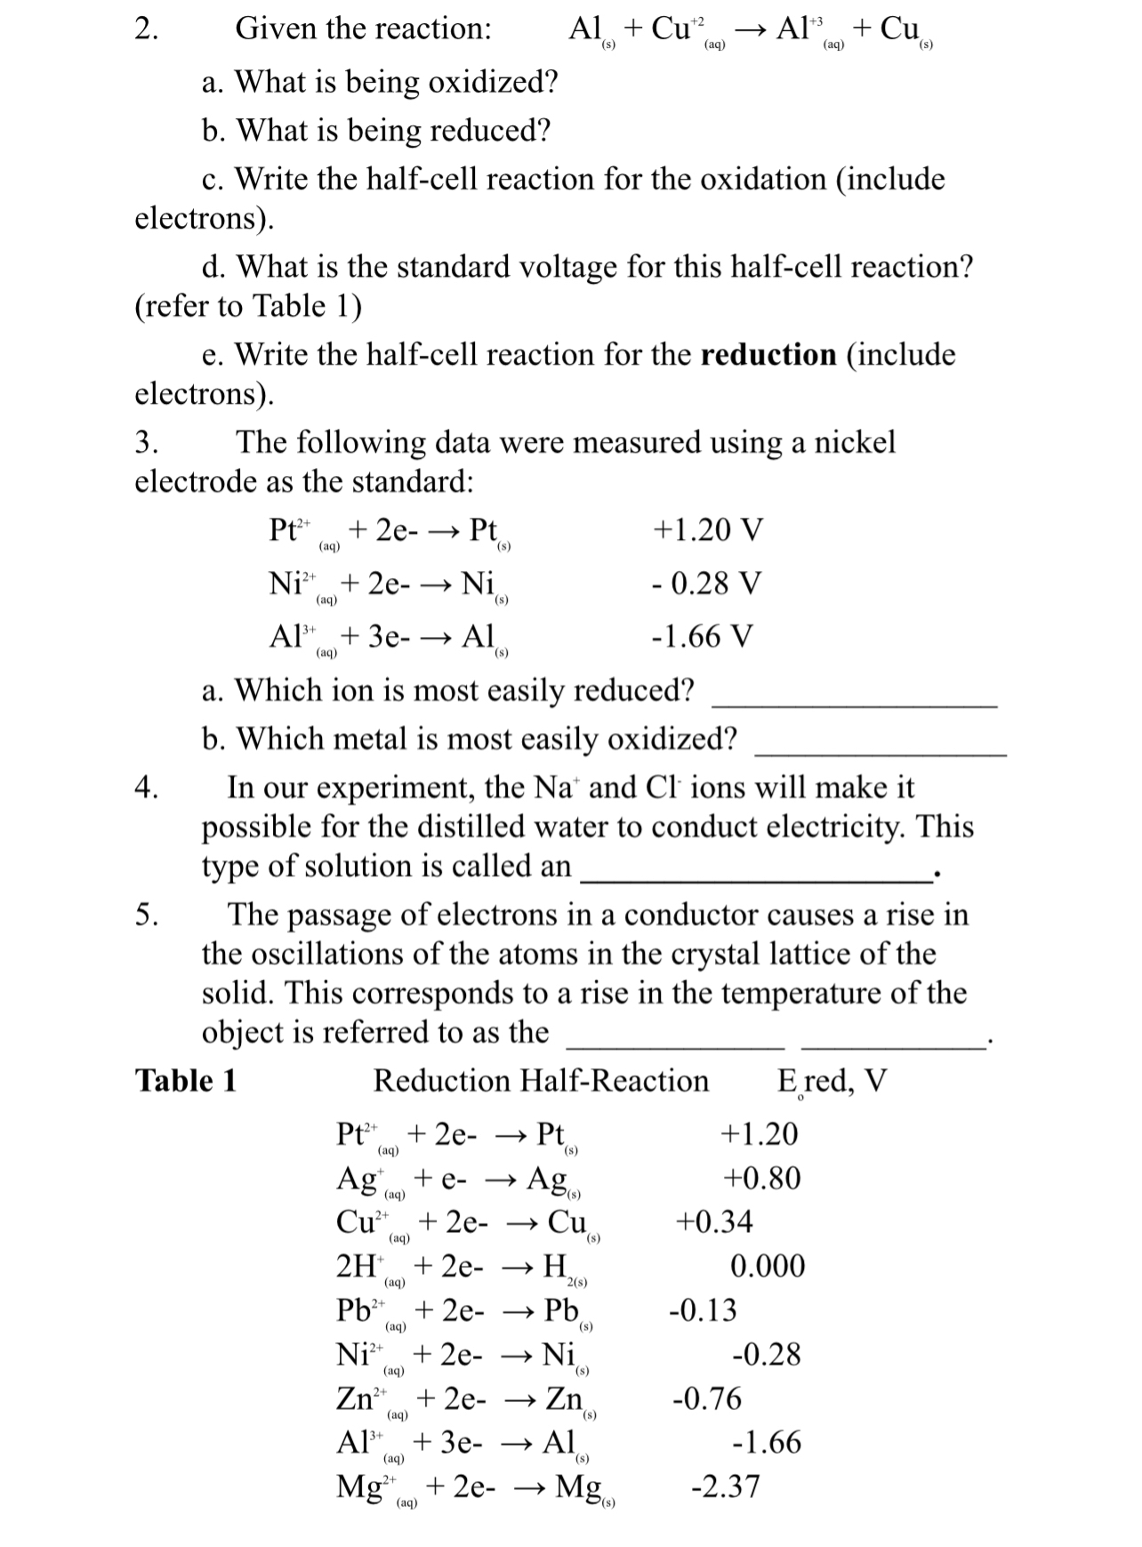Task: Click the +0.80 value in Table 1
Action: click(761, 1178)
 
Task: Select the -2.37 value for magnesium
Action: click(725, 1487)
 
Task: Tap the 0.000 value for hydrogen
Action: click(768, 1266)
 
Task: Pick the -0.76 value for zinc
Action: click(706, 1398)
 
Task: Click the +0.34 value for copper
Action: click(714, 1221)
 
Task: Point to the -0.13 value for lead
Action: click(703, 1310)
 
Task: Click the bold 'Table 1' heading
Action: click(186, 1081)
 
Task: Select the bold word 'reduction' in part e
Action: click(768, 355)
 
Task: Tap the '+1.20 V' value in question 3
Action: click(707, 530)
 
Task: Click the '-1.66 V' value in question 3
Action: click(702, 637)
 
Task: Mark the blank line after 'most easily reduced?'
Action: click(854, 705)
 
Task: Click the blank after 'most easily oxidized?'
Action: click(880, 753)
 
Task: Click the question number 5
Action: click(147, 915)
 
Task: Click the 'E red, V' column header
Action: click(832, 1082)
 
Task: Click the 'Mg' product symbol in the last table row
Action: click(578, 1487)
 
